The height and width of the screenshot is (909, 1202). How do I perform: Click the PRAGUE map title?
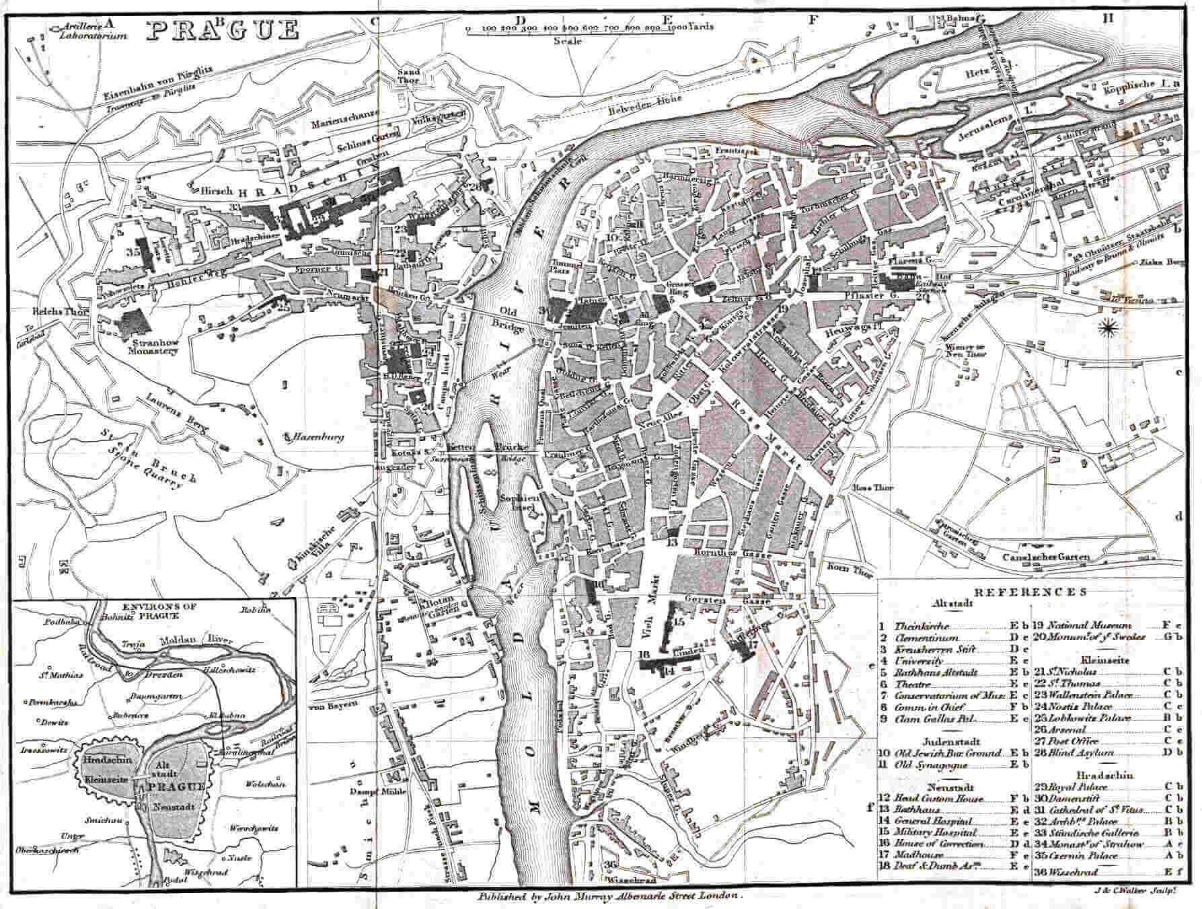[x=223, y=30]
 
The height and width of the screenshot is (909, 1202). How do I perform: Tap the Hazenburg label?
[x=317, y=437]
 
